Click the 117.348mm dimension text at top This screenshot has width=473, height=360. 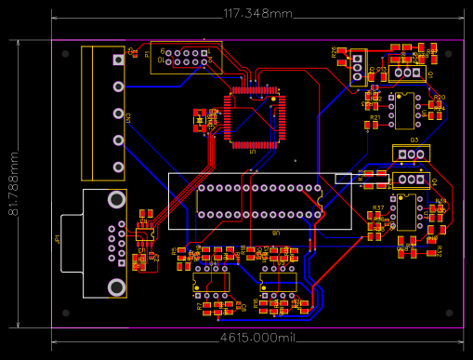(x=257, y=14)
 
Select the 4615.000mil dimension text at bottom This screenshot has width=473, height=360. (x=257, y=340)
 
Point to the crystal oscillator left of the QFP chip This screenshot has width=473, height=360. (x=199, y=118)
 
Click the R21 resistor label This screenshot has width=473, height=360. (x=374, y=118)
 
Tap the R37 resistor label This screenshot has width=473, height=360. (x=377, y=207)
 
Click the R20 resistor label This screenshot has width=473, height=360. (x=440, y=98)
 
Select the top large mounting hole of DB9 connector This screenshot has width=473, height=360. (x=116, y=200)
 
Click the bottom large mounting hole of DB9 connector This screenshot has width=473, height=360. (x=116, y=287)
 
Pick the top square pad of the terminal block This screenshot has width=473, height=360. (x=118, y=60)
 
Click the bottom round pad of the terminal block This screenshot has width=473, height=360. (x=118, y=167)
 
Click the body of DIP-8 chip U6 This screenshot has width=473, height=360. (x=406, y=109)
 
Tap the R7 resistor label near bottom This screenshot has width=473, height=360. (x=198, y=304)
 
